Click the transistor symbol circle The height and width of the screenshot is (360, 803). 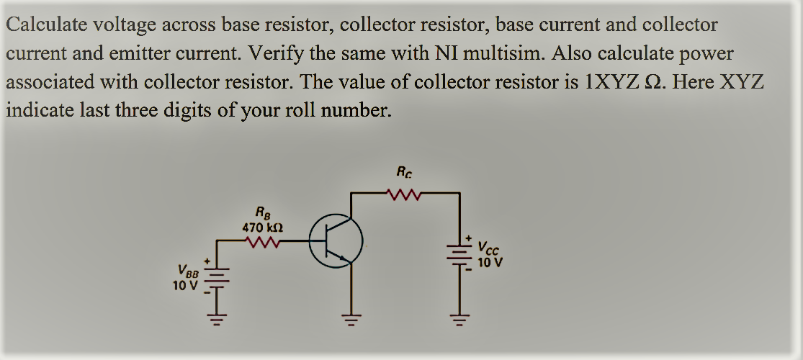(x=336, y=241)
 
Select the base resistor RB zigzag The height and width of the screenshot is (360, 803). (x=263, y=243)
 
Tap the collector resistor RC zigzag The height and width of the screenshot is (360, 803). (x=403, y=193)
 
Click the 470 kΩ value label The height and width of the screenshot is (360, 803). (x=261, y=226)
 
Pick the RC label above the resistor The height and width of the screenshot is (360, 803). (x=403, y=172)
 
